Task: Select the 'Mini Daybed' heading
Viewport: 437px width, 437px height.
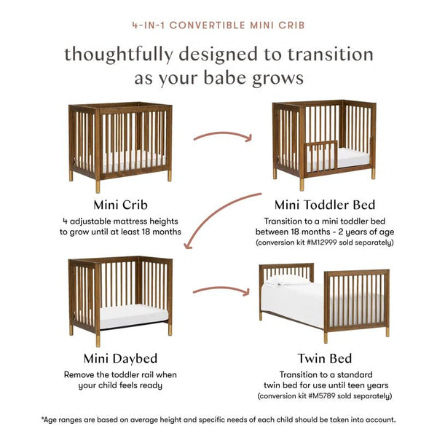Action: (x=120, y=358)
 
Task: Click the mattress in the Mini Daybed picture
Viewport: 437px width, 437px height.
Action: (x=131, y=316)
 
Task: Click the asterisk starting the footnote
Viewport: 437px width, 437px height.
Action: (x=42, y=419)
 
